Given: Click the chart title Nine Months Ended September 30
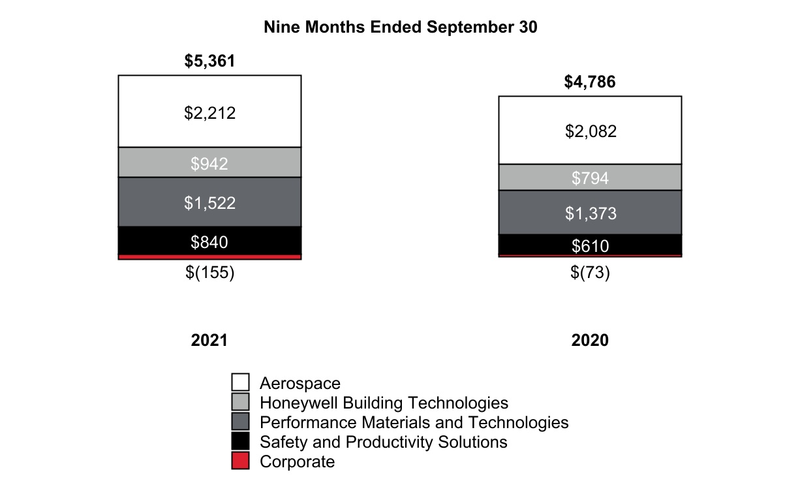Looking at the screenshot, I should pyautogui.click(x=400, y=27).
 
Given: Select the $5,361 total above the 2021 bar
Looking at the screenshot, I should pyautogui.click(x=209, y=61).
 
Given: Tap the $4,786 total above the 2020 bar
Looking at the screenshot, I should pyautogui.click(x=590, y=82).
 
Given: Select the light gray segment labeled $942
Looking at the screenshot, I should pyautogui.click(x=209, y=163).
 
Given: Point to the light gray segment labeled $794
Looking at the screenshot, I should pyautogui.click(x=590, y=178).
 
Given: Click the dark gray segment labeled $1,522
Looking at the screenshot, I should pyautogui.click(x=209, y=202).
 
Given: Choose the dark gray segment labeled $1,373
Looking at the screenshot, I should pyautogui.click(x=590, y=213).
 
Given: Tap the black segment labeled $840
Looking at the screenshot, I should pyautogui.click(x=209, y=241).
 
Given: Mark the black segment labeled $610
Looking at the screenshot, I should pyautogui.click(x=590, y=245).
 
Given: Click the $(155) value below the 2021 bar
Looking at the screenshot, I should pyautogui.click(x=209, y=273).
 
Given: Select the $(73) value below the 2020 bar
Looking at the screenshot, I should pyautogui.click(x=590, y=273).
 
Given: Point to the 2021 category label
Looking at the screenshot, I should pyautogui.click(x=209, y=341).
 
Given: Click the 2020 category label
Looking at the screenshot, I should pyautogui.click(x=590, y=341).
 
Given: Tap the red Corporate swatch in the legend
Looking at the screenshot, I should pyautogui.click(x=241, y=461).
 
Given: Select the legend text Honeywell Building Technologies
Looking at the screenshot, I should pyautogui.click(x=384, y=403).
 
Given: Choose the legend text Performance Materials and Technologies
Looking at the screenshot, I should pyautogui.click(x=414, y=422).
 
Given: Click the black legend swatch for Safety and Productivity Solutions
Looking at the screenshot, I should pyautogui.click(x=241, y=442).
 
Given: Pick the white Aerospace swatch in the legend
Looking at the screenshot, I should pyautogui.click(x=241, y=382).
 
